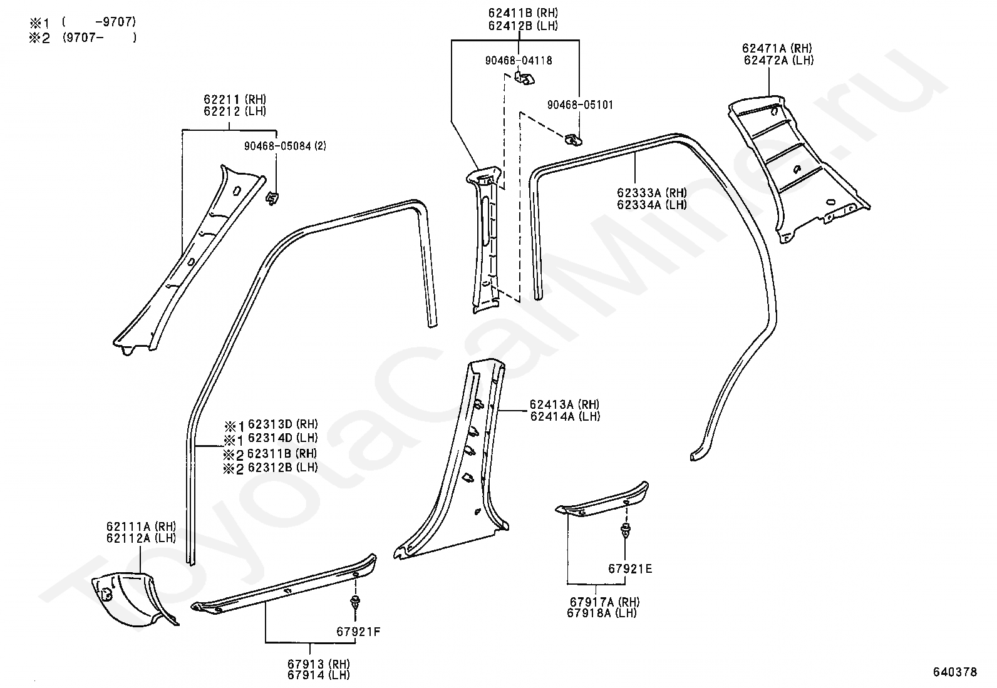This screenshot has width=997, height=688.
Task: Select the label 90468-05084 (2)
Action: point(285,146)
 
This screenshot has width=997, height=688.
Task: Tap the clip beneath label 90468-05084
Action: point(272,197)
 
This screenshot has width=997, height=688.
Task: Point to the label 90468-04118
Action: point(518,61)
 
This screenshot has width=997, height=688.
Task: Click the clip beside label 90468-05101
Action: point(572,139)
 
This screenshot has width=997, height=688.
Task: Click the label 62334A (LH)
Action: point(651,204)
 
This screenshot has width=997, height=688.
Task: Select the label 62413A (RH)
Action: point(564,404)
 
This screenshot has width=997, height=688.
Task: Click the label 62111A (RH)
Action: point(140,526)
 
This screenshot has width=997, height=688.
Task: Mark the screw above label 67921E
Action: point(625,531)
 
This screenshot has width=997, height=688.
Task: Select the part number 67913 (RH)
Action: point(318,664)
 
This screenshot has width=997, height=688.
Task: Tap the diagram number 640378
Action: point(954,672)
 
